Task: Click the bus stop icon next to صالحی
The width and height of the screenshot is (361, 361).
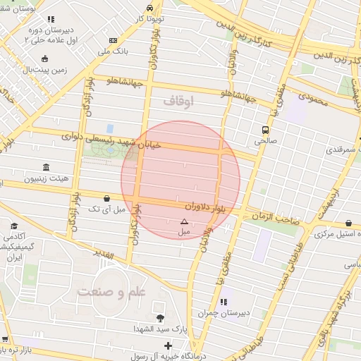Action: (265, 130)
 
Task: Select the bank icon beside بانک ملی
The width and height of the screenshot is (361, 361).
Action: (114, 42)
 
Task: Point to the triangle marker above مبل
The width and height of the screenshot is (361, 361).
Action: (185, 221)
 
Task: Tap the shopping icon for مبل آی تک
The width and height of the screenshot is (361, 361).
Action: (106, 199)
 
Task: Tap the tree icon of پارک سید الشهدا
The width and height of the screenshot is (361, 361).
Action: (160, 319)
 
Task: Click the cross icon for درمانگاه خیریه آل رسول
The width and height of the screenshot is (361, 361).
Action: (168, 345)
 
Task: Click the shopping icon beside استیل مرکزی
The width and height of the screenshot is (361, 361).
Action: (350, 224)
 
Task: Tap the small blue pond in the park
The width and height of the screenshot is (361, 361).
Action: (110, 128)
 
